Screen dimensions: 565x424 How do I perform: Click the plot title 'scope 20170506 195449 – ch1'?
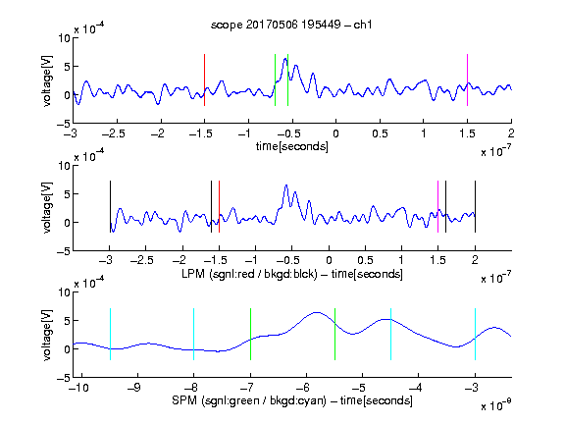tap(291, 25)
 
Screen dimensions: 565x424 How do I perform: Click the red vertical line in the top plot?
tap(204, 80)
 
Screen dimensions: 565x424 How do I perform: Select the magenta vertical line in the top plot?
tap(467, 80)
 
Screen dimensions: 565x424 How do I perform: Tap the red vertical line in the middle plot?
tap(219, 206)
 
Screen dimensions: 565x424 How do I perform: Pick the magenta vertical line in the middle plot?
tap(437, 206)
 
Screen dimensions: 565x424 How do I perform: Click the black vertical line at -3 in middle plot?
tap(110, 206)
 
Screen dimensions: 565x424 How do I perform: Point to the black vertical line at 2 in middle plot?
tap(475, 206)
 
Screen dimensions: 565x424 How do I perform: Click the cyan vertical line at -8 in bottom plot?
tap(194, 334)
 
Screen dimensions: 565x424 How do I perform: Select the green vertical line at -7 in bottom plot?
tap(250, 334)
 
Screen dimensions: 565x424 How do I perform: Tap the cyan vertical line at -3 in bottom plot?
tap(475, 334)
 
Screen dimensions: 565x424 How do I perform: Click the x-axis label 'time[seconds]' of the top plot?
tap(292, 147)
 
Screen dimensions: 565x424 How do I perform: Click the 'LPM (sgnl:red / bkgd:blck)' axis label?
tap(249, 274)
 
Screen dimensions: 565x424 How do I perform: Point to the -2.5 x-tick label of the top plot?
tap(114, 133)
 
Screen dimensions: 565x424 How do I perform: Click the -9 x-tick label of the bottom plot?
tap(134, 388)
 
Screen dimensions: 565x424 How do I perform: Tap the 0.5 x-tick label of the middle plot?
tap(365, 260)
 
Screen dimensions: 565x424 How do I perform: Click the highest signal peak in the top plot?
tap(285, 59)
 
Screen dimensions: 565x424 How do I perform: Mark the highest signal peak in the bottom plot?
tap(317, 312)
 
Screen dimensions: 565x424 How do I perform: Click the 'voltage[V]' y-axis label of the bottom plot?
tap(47, 335)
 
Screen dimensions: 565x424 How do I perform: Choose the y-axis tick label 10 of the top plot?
tap(65, 38)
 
